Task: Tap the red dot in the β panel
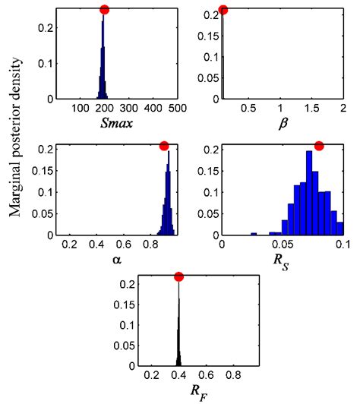(x=223, y=10)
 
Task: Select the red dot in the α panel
(x=164, y=146)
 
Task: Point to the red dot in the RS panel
(x=319, y=146)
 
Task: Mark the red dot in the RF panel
(x=178, y=277)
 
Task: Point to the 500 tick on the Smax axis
(x=178, y=109)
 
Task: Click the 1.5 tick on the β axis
(x=311, y=109)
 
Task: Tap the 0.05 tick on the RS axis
(x=282, y=245)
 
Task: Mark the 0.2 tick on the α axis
(x=68, y=245)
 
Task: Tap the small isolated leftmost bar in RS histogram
(x=254, y=234)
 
